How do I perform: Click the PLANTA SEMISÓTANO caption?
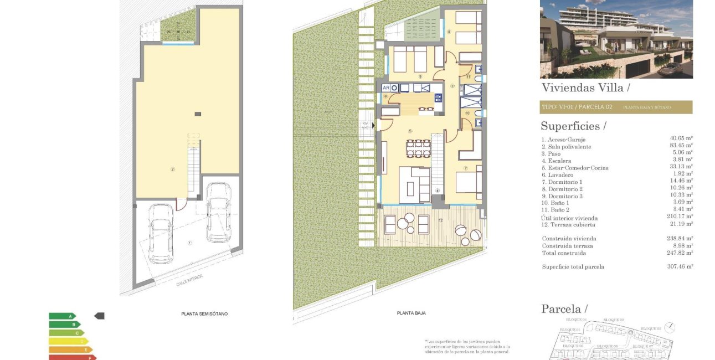click(204, 313)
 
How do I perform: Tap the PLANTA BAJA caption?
click(411, 313)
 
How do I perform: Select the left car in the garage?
click(161, 233)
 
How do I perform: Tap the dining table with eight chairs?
click(418, 148)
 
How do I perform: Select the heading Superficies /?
click(573, 126)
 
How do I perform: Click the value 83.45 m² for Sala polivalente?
click(681, 147)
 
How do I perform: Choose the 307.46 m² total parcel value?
click(681, 266)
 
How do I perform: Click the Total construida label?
click(563, 253)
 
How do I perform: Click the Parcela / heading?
click(564, 308)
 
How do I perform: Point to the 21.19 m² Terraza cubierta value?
click(681, 224)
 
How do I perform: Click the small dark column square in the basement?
click(198, 114)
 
